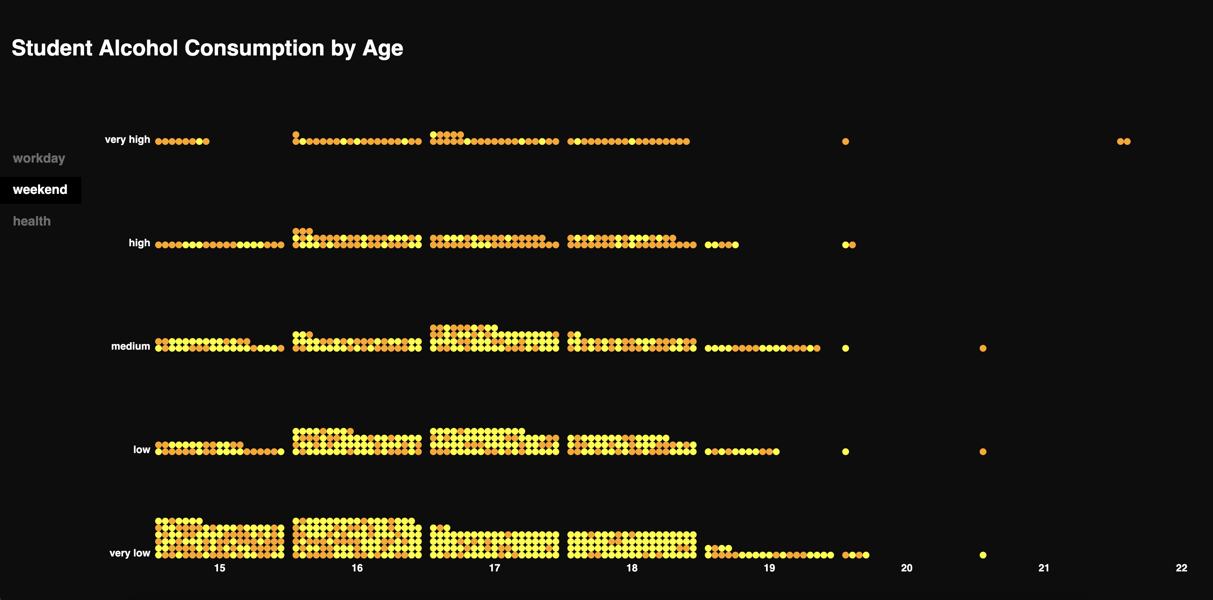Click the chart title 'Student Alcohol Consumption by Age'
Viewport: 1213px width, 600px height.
point(207,48)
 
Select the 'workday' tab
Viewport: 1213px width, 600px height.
point(39,158)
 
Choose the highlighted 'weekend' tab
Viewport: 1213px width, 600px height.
point(40,190)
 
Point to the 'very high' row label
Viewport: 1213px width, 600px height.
point(127,139)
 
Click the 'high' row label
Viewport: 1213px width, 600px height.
point(139,243)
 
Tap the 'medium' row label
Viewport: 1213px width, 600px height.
point(130,347)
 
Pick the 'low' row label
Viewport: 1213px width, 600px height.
point(141,450)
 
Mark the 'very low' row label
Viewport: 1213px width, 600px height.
point(130,553)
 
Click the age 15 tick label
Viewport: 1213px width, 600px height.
point(220,568)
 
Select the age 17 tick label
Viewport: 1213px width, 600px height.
point(495,568)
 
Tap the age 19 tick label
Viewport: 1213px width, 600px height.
point(769,568)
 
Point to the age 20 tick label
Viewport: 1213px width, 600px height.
point(907,568)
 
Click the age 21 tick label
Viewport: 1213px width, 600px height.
point(1044,568)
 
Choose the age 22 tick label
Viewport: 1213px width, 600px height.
point(1181,568)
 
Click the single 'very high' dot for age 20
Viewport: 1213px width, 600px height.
point(846,141)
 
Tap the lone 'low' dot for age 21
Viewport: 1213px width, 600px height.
point(983,452)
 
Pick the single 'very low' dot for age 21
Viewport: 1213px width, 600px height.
point(983,555)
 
